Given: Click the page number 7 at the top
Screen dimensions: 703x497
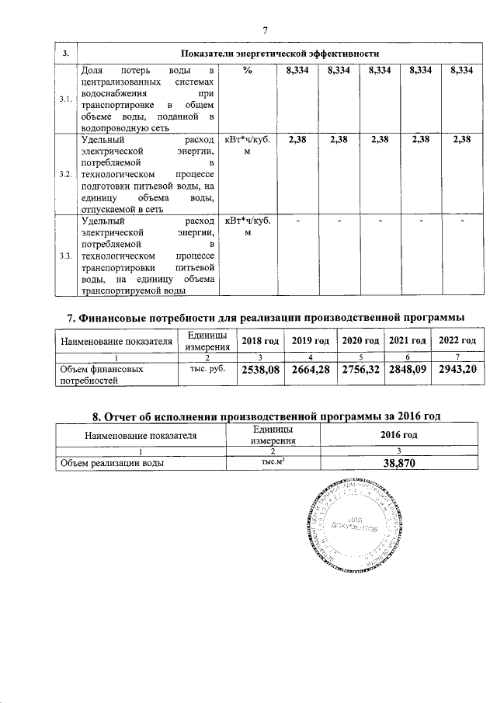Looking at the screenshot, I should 264,30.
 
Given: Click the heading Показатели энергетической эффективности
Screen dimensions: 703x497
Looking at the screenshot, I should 279,54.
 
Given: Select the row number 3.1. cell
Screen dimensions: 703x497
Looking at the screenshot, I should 66,99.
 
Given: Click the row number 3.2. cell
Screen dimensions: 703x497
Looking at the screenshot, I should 66,173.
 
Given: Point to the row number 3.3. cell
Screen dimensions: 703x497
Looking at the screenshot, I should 66,255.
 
